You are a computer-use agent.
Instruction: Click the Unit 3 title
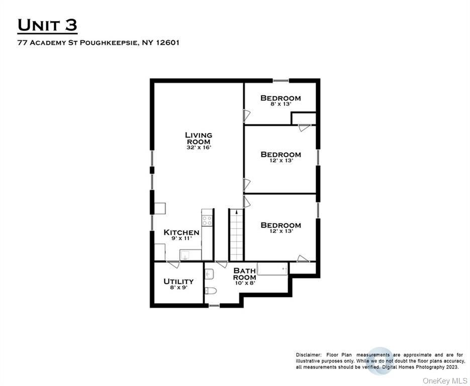(48, 25)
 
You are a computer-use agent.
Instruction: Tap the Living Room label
(199, 138)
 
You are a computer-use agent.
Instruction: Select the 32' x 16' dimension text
(199, 148)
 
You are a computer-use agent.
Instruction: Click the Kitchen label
(181, 233)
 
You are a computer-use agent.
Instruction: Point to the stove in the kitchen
(207, 219)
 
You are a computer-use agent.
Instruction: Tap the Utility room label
(178, 281)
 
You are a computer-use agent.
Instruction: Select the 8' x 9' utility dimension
(178, 288)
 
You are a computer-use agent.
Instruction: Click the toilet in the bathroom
(211, 291)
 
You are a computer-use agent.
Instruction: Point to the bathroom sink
(210, 273)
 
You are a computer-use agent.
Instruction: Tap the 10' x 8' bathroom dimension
(245, 283)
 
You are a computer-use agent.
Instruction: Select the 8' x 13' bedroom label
(280, 104)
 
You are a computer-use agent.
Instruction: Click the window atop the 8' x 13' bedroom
(280, 80)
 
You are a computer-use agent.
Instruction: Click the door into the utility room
(172, 264)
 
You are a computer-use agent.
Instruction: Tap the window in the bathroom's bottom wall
(214, 305)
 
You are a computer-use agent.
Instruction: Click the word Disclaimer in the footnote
(308, 355)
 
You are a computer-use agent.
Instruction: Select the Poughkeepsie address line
(99, 43)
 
